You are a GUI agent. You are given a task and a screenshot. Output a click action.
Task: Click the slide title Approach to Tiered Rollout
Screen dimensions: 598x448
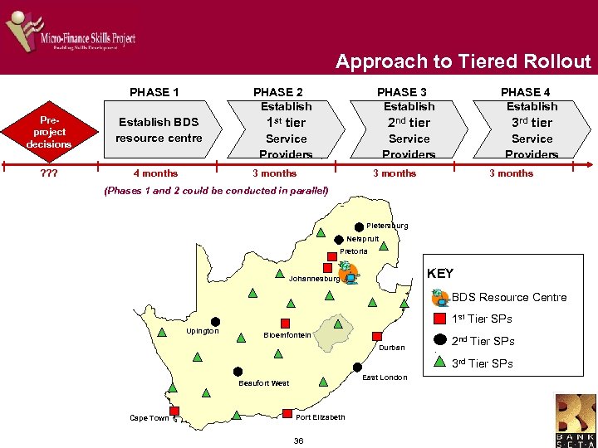463,61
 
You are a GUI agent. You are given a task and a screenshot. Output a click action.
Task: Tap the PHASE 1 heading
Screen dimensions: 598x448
154,92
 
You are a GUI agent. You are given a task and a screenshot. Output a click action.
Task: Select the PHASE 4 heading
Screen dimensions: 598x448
526,92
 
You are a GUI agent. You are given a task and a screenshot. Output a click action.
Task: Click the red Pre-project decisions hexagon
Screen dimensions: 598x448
48,132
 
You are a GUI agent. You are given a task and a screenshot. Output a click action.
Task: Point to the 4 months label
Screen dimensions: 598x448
155,173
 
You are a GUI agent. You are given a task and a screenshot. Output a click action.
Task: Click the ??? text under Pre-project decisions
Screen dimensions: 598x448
37,173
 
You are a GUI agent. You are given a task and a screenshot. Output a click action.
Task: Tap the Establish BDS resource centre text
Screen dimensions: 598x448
159,130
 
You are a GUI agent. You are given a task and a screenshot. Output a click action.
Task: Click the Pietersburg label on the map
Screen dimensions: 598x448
387,226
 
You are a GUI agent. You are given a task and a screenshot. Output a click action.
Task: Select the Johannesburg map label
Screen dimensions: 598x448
313,279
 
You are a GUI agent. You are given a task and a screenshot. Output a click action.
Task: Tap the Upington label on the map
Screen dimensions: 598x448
203,331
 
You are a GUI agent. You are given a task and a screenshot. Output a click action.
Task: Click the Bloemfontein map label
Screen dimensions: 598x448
287,335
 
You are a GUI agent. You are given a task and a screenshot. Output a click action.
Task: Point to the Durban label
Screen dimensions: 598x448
391,348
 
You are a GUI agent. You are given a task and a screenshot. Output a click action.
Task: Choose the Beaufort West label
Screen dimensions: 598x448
263,383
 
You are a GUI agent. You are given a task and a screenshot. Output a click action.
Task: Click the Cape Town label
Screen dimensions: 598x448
149,418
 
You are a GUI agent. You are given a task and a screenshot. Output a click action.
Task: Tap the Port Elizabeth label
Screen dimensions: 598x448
320,417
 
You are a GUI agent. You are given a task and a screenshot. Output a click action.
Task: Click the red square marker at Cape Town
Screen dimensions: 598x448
175,410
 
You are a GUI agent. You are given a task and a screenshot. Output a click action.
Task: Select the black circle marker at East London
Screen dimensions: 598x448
357,368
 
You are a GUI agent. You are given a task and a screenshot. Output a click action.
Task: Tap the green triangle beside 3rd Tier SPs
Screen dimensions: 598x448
440,362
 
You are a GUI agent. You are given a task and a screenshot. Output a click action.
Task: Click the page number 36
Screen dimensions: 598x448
298,441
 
